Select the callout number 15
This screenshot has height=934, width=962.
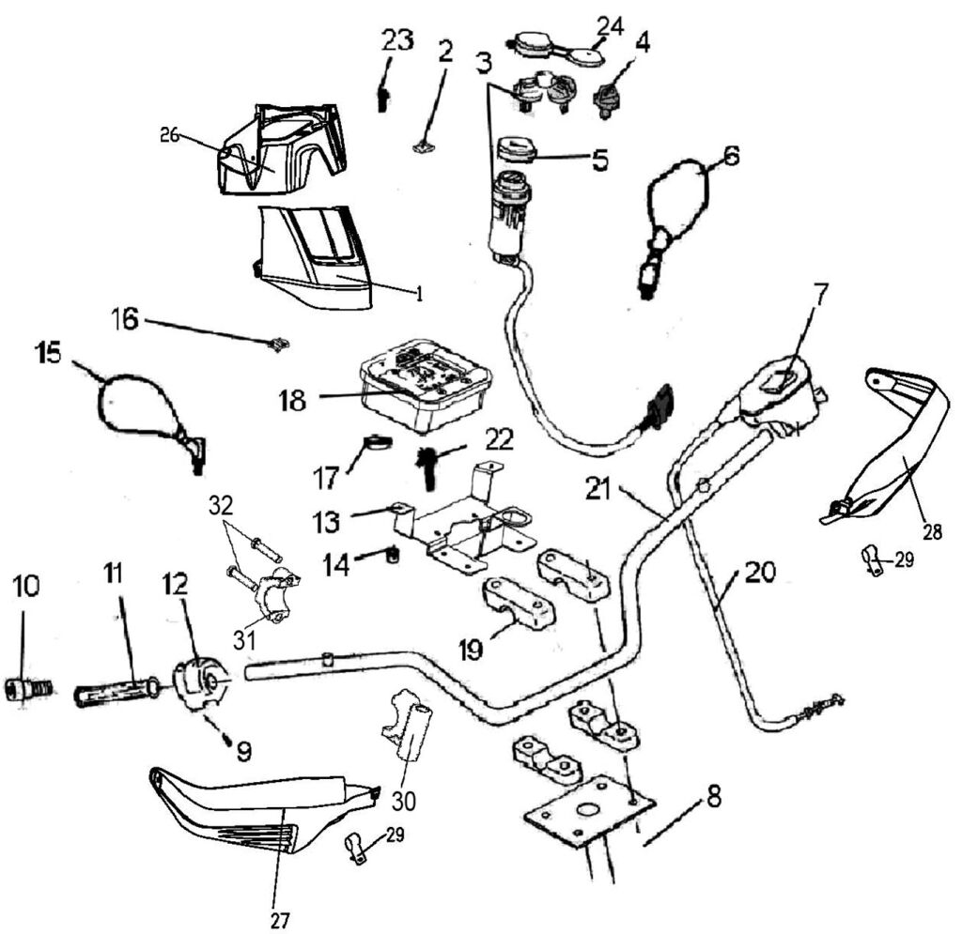pyautogui.click(x=49, y=354)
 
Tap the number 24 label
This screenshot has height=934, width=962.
pyautogui.click(x=612, y=26)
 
